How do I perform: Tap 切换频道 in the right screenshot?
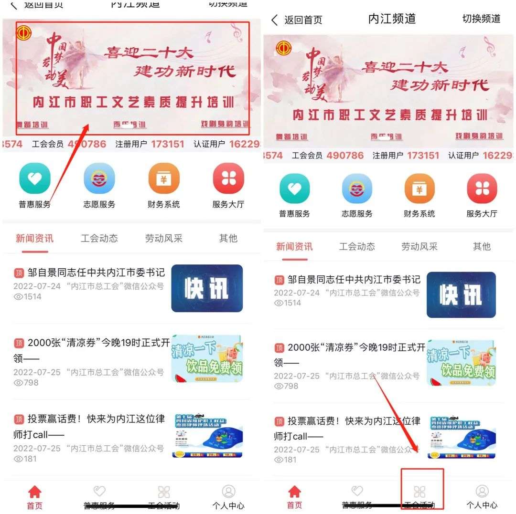coord(481,19)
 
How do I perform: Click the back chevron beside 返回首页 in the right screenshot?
coord(274,20)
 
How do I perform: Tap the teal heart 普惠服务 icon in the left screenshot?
coord(34,178)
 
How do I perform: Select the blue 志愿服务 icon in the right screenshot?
coord(357,189)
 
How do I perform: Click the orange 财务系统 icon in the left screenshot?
coord(164,178)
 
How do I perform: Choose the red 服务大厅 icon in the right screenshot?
coord(482,189)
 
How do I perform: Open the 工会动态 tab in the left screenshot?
coord(99,238)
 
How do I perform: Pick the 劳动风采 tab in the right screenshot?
coord(419,246)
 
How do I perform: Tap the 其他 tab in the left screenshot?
coord(228,238)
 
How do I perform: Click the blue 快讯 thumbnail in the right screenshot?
coord(461,294)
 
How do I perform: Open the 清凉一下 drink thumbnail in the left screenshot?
coord(207,358)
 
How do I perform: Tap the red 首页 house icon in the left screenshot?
coord(35,492)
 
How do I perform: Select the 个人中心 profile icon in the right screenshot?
coord(482,491)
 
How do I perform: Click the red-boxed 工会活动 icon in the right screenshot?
coord(419,491)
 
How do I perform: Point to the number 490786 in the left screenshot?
coord(87,144)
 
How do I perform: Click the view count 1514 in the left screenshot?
coord(33,297)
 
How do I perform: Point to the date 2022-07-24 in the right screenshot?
coord(297,292)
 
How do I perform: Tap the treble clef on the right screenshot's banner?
coord(489,46)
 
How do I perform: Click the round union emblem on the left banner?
coord(22,33)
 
